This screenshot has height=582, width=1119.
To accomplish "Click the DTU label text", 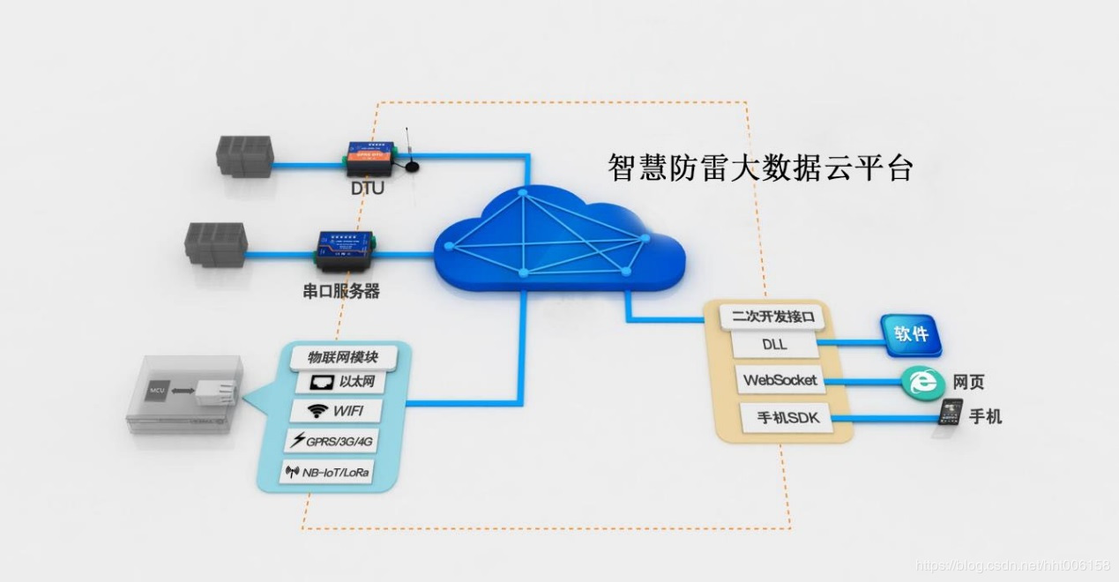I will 368,187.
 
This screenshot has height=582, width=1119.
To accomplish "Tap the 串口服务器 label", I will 341,291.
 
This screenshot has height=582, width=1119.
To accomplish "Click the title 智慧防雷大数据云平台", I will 760,167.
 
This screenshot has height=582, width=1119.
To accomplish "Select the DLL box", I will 774,344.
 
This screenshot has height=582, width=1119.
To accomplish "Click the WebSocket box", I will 780,381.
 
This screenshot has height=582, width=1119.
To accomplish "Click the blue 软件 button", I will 910,336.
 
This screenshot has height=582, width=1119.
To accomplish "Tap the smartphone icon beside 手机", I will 951,414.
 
